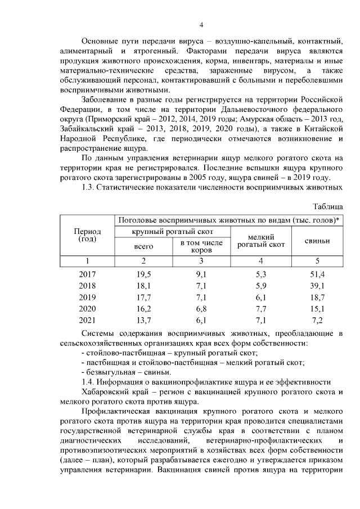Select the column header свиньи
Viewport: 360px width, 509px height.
coord(317,241)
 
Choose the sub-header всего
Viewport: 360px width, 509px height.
coord(143,246)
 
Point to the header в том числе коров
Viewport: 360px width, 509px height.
coord(201,246)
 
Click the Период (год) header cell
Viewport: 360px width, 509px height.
coord(87,235)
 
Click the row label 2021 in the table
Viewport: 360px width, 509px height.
coord(87,321)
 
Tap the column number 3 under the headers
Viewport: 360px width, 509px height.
coord(201,260)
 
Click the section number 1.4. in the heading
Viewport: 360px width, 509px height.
coord(90,382)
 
